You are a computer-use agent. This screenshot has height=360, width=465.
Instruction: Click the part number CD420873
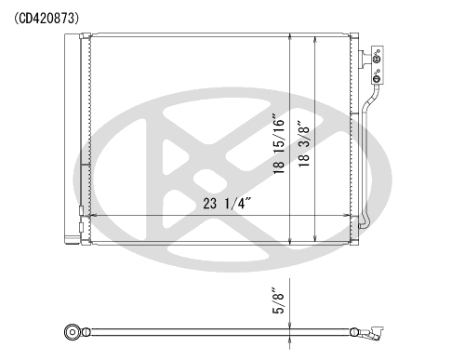46,19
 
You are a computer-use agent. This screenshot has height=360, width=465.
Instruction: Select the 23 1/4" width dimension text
227,204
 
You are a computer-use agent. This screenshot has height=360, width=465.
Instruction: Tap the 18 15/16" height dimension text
279,143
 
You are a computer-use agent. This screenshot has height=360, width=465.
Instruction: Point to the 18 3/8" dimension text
304,143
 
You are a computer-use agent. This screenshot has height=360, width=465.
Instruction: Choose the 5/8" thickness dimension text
278,301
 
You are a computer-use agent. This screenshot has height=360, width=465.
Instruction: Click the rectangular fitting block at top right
378,65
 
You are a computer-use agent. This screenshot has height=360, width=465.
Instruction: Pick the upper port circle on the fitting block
377,58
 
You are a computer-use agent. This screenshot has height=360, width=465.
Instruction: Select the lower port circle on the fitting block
377,78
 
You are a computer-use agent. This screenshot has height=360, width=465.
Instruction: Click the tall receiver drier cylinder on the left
72,139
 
